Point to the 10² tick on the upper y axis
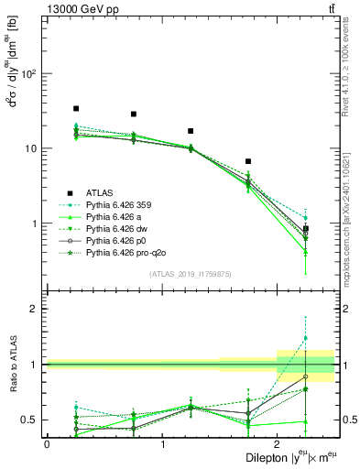tap(35, 73)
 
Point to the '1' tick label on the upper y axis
tap(38, 224)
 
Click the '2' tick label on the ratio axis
tap(38, 309)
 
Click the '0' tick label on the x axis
tap(47, 443)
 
